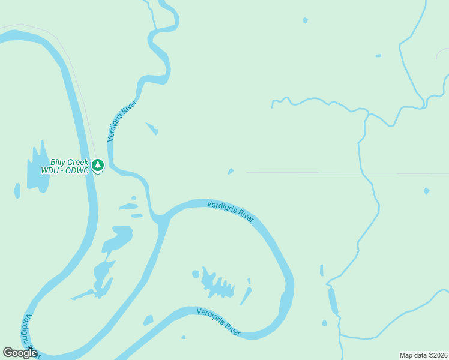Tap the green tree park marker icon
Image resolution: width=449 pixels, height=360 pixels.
(x=98, y=164)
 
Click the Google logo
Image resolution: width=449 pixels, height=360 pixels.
(x=20, y=353)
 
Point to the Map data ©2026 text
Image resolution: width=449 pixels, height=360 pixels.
(x=423, y=355)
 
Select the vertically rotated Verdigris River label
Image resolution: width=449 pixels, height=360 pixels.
(x=122, y=121)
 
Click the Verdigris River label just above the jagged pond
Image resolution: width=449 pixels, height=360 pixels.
(x=231, y=211)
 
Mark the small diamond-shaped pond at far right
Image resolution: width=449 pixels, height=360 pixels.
(x=426, y=191)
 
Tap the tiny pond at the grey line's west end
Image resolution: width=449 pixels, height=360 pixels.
(x=231, y=172)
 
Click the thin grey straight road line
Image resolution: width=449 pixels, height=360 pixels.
(x=336, y=173)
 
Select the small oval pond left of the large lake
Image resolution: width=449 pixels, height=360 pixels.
(x=17, y=191)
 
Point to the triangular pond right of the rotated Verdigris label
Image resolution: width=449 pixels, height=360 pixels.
(x=152, y=128)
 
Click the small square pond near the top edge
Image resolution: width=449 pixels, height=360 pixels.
(x=305, y=20)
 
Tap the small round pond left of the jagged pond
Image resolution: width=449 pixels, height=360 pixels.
(x=196, y=274)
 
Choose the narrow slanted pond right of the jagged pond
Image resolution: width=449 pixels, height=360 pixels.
(x=246, y=296)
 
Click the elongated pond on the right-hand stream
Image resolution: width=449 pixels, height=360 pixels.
(x=333, y=300)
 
